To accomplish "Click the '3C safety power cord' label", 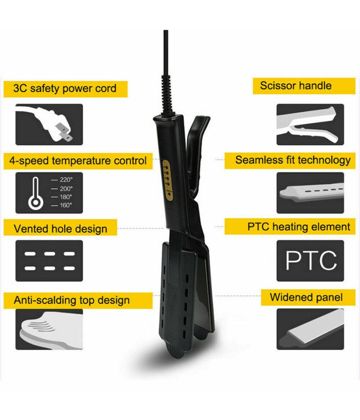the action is pyautogui.click(x=65, y=88).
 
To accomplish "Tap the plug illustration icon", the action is pyautogui.click(x=49, y=124).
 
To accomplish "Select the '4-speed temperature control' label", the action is pyautogui.click(x=78, y=161).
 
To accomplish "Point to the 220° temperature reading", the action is pyautogui.click(x=66, y=179).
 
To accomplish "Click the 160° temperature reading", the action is pyautogui.click(x=66, y=205).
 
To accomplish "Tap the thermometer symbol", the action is pyautogui.click(x=35, y=193).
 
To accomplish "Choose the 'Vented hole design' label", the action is pyautogui.click(x=60, y=229).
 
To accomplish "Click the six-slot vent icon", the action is pyautogui.click(x=49, y=261).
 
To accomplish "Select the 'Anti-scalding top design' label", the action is pyautogui.click(x=71, y=300).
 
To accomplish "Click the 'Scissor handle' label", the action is pyautogui.click(x=296, y=86).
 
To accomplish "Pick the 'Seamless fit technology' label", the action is pyautogui.click(x=293, y=160).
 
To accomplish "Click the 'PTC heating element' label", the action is pyautogui.click(x=299, y=227).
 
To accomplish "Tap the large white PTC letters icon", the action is pyautogui.click(x=311, y=260).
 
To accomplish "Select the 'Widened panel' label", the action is pyautogui.click(x=306, y=297).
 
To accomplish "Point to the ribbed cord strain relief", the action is pyautogui.click(x=166, y=95).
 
